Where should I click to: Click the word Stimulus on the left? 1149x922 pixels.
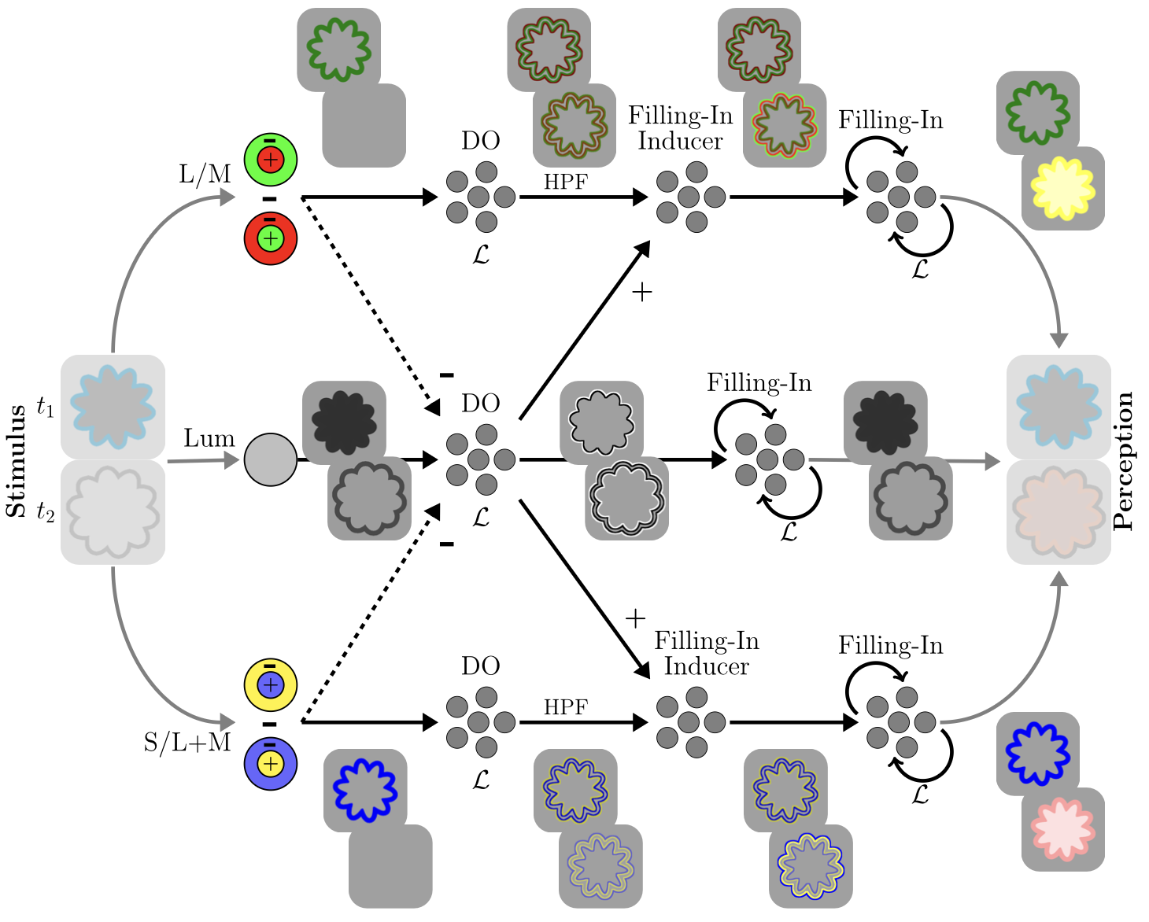16,461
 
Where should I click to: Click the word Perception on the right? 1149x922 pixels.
1124,461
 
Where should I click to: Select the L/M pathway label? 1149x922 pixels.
205,173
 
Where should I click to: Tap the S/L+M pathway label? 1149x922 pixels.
187,742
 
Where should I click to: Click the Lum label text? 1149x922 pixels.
209,438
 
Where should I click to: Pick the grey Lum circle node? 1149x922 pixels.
270,459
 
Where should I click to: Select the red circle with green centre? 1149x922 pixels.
270,238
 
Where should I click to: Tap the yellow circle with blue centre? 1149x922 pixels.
270,684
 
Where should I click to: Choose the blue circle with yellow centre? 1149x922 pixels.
270,763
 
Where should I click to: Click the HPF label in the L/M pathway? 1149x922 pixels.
566,182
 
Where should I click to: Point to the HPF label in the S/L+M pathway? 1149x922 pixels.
566,707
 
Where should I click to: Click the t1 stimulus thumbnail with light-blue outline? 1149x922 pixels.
113,407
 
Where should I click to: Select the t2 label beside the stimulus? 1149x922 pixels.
46,514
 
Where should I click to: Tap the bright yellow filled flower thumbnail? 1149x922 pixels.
1062,189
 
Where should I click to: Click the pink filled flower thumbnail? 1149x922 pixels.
1062,829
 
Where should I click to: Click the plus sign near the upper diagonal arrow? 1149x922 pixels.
642,293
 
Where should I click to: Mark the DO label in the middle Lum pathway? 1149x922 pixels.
480,404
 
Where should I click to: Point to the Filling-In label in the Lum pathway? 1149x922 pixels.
759,383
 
